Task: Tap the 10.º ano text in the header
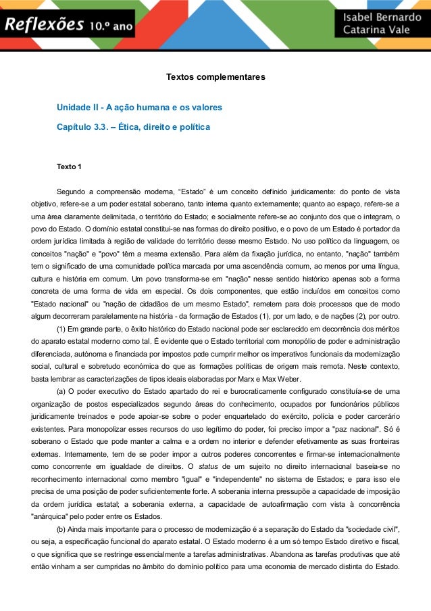(112, 27)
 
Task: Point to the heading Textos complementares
(215, 77)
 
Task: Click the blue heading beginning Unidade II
(139, 108)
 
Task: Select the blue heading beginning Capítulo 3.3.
(133, 127)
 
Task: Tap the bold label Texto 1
(70, 166)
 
